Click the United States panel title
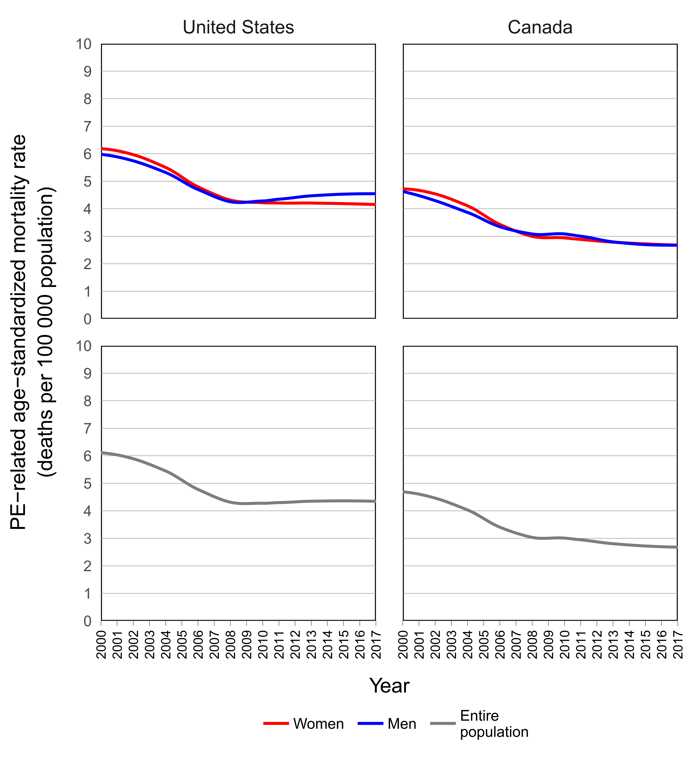[x=238, y=28]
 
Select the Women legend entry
[x=318, y=724]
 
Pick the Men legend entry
[x=402, y=724]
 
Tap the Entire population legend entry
[x=494, y=724]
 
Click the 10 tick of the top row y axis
[x=84, y=44]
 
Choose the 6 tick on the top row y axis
[x=87, y=154]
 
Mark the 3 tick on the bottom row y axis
[x=87, y=539]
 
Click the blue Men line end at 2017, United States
[x=374, y=194]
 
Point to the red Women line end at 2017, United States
[x=374, y=204]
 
